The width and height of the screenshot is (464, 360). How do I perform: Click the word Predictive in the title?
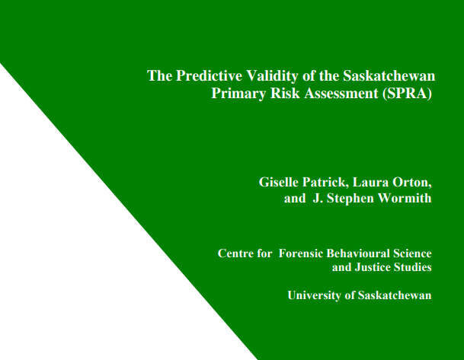click(203, 76)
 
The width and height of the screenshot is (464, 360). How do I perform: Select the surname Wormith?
click(405, 199)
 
